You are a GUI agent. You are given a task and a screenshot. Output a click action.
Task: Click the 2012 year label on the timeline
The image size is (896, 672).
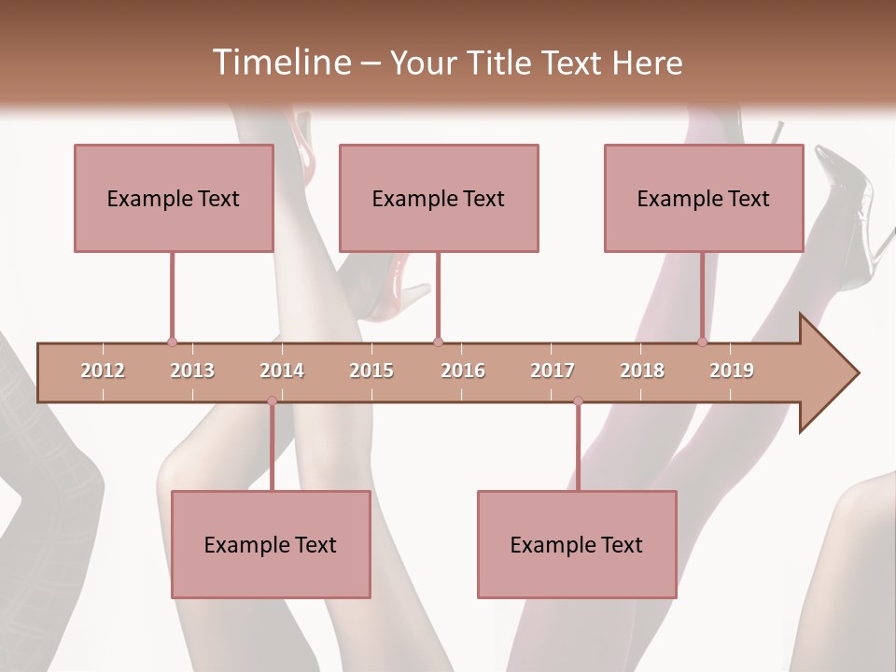click(103, 371)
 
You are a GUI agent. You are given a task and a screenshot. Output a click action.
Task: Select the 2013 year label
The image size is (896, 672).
click(192, 371)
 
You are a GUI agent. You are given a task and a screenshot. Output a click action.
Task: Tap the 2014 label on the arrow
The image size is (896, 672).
click(282, 371)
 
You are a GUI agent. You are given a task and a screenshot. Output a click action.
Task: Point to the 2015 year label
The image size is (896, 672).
click(371, 371)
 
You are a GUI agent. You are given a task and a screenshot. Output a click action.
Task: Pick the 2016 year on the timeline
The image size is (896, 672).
click(463, 371)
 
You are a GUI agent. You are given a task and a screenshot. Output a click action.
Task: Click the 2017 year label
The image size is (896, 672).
click(553, 371)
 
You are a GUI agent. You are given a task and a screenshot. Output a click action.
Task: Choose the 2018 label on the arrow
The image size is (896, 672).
click(642, 371)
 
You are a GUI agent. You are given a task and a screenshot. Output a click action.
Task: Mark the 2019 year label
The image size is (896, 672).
click(732, 371)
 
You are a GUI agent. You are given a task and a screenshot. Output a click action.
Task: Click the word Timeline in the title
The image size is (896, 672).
click(280, 62)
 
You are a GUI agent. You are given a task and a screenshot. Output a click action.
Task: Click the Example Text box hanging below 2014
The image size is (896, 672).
click(271, 545)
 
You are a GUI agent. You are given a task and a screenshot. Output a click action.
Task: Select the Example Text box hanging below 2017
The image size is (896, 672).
click(577, 545)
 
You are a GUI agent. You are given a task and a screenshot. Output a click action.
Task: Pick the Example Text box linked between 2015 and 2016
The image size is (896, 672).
click(439, 198)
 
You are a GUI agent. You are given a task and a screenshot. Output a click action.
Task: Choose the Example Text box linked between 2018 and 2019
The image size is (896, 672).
click(704, 198)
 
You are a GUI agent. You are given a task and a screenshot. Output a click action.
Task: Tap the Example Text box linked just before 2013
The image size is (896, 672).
click(174, 198)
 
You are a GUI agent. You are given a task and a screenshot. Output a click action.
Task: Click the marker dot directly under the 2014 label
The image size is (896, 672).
click(272, 401)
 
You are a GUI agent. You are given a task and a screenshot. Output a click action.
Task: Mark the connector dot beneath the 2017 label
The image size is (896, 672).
click(578, 401)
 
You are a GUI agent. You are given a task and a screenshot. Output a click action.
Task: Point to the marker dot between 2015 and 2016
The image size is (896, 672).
click(438, 342)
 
